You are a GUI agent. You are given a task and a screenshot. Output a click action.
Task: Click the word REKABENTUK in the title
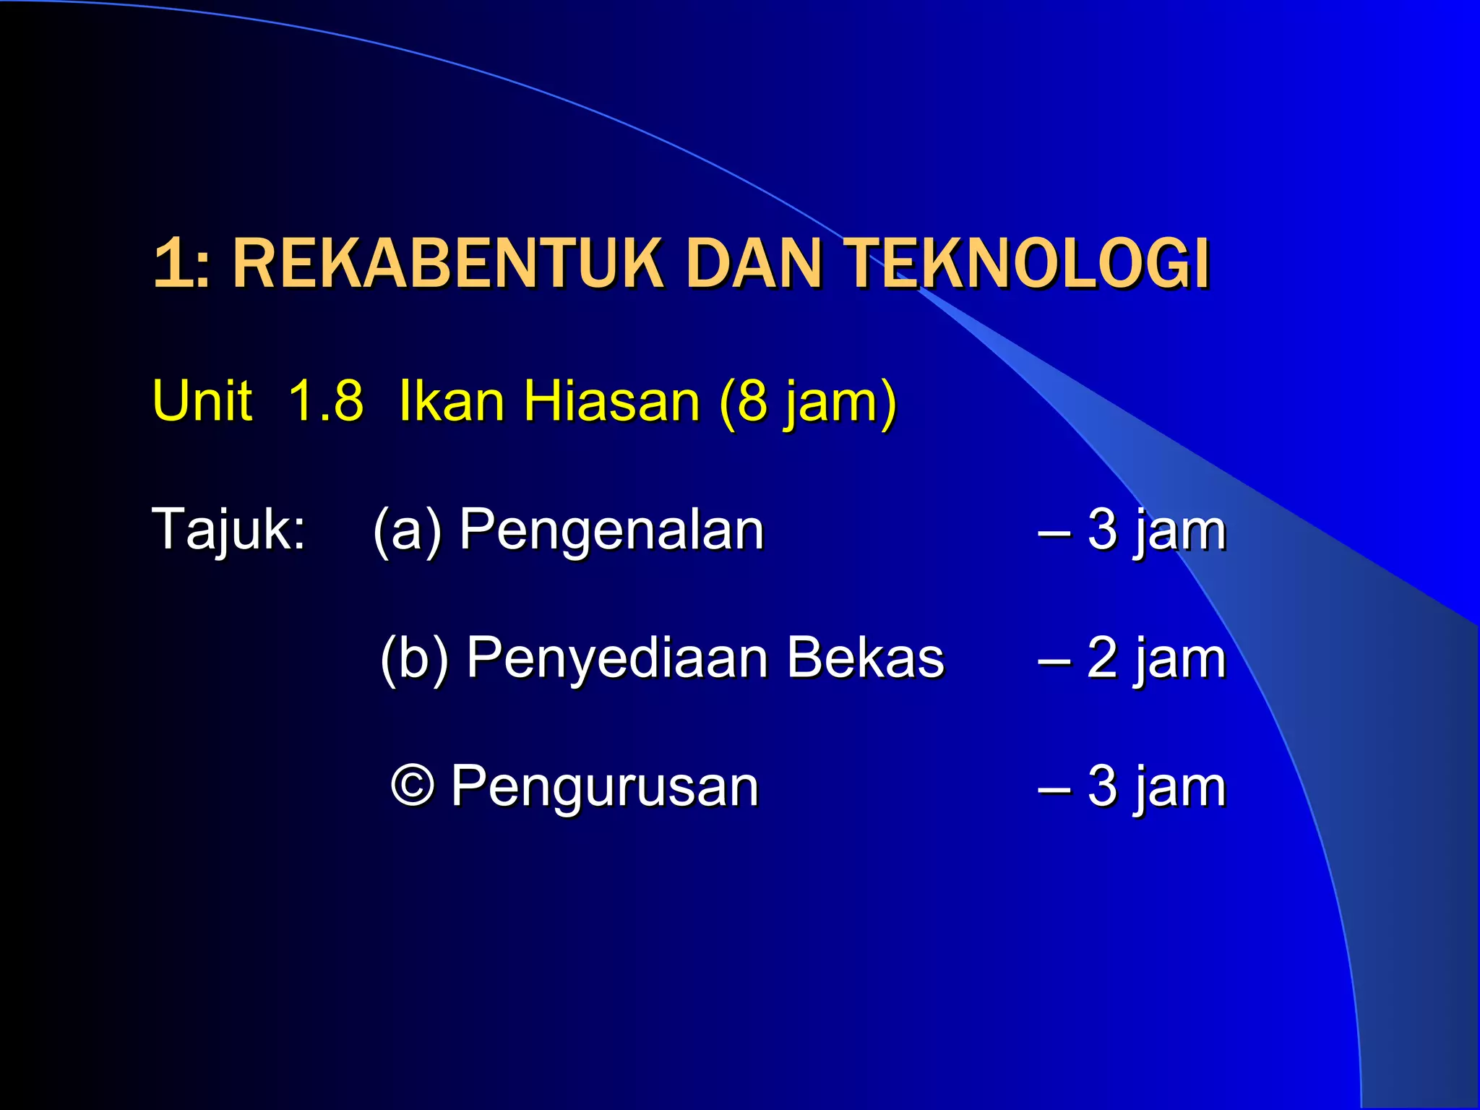point(447,264)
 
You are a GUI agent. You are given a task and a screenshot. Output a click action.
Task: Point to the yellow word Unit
point(202,402)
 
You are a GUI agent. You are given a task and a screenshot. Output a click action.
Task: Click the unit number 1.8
point(325,402)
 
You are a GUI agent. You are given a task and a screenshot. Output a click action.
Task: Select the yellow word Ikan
point(451,402)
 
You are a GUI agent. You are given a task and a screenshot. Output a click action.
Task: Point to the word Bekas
point(865,658)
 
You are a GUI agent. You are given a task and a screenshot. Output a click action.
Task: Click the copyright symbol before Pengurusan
point(413,786)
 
